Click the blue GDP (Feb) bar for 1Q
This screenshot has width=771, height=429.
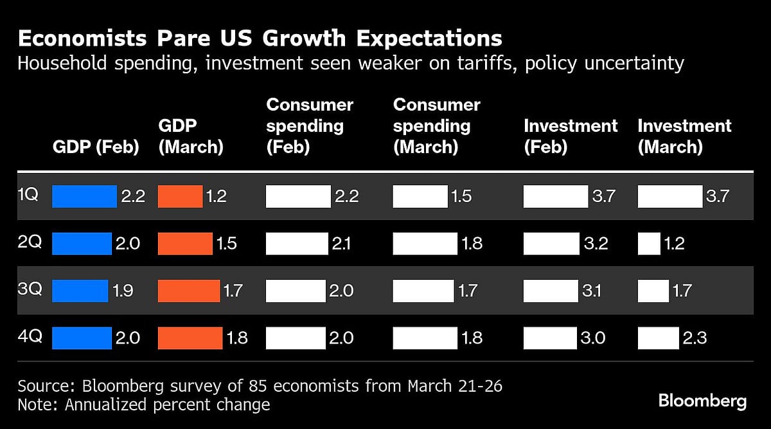(84, 196)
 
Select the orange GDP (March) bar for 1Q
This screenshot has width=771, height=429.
(180, 196)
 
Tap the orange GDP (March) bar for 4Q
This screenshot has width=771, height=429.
(190, 337)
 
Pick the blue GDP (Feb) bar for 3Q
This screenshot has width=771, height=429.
(80, 290)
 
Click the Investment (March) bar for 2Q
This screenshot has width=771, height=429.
(648, 243)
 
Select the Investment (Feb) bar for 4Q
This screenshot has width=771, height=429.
(551, 337)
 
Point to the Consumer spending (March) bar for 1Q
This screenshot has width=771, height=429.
(420, 196)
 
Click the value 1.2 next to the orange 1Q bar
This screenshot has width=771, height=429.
(216, 196)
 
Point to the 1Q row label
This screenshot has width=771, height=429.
(28, 195)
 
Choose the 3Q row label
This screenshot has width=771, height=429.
(30, 289)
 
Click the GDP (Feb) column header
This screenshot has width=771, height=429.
(96, 147)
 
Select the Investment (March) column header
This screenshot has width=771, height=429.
(684, 136)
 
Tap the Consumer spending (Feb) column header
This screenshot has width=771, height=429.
(310, 125)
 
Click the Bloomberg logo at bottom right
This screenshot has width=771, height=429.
(702, 401)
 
